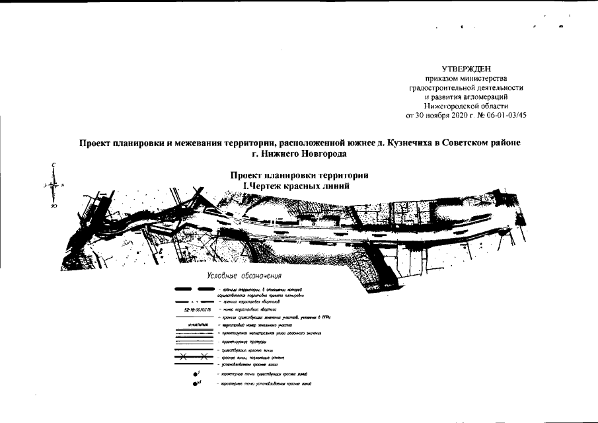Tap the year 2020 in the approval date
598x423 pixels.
pos(453,115)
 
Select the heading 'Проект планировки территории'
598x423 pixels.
pos(299,175)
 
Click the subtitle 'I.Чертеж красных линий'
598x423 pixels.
pos(296,186)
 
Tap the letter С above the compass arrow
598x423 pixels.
pos(55,165)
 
